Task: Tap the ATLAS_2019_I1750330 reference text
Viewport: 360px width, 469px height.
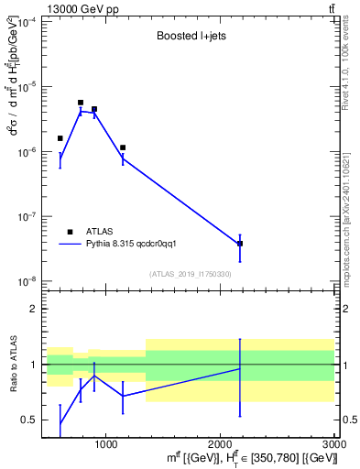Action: pos(190,274)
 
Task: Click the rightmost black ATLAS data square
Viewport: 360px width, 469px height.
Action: pos(240,244)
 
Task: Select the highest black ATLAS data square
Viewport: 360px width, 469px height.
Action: pos(81,103)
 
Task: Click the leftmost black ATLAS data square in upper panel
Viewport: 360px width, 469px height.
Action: pos(60,138)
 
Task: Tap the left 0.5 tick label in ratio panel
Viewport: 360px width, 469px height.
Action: pos(31,420)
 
